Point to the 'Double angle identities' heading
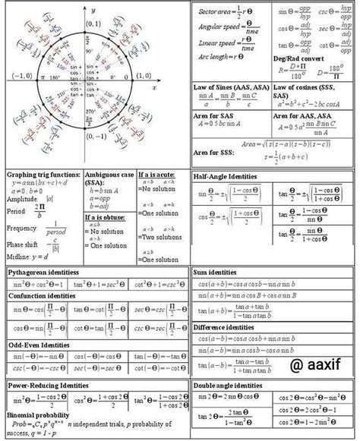click(227, 386)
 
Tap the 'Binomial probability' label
click(38, 415)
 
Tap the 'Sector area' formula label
click(214, 11)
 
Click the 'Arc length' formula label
click(215, 56)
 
